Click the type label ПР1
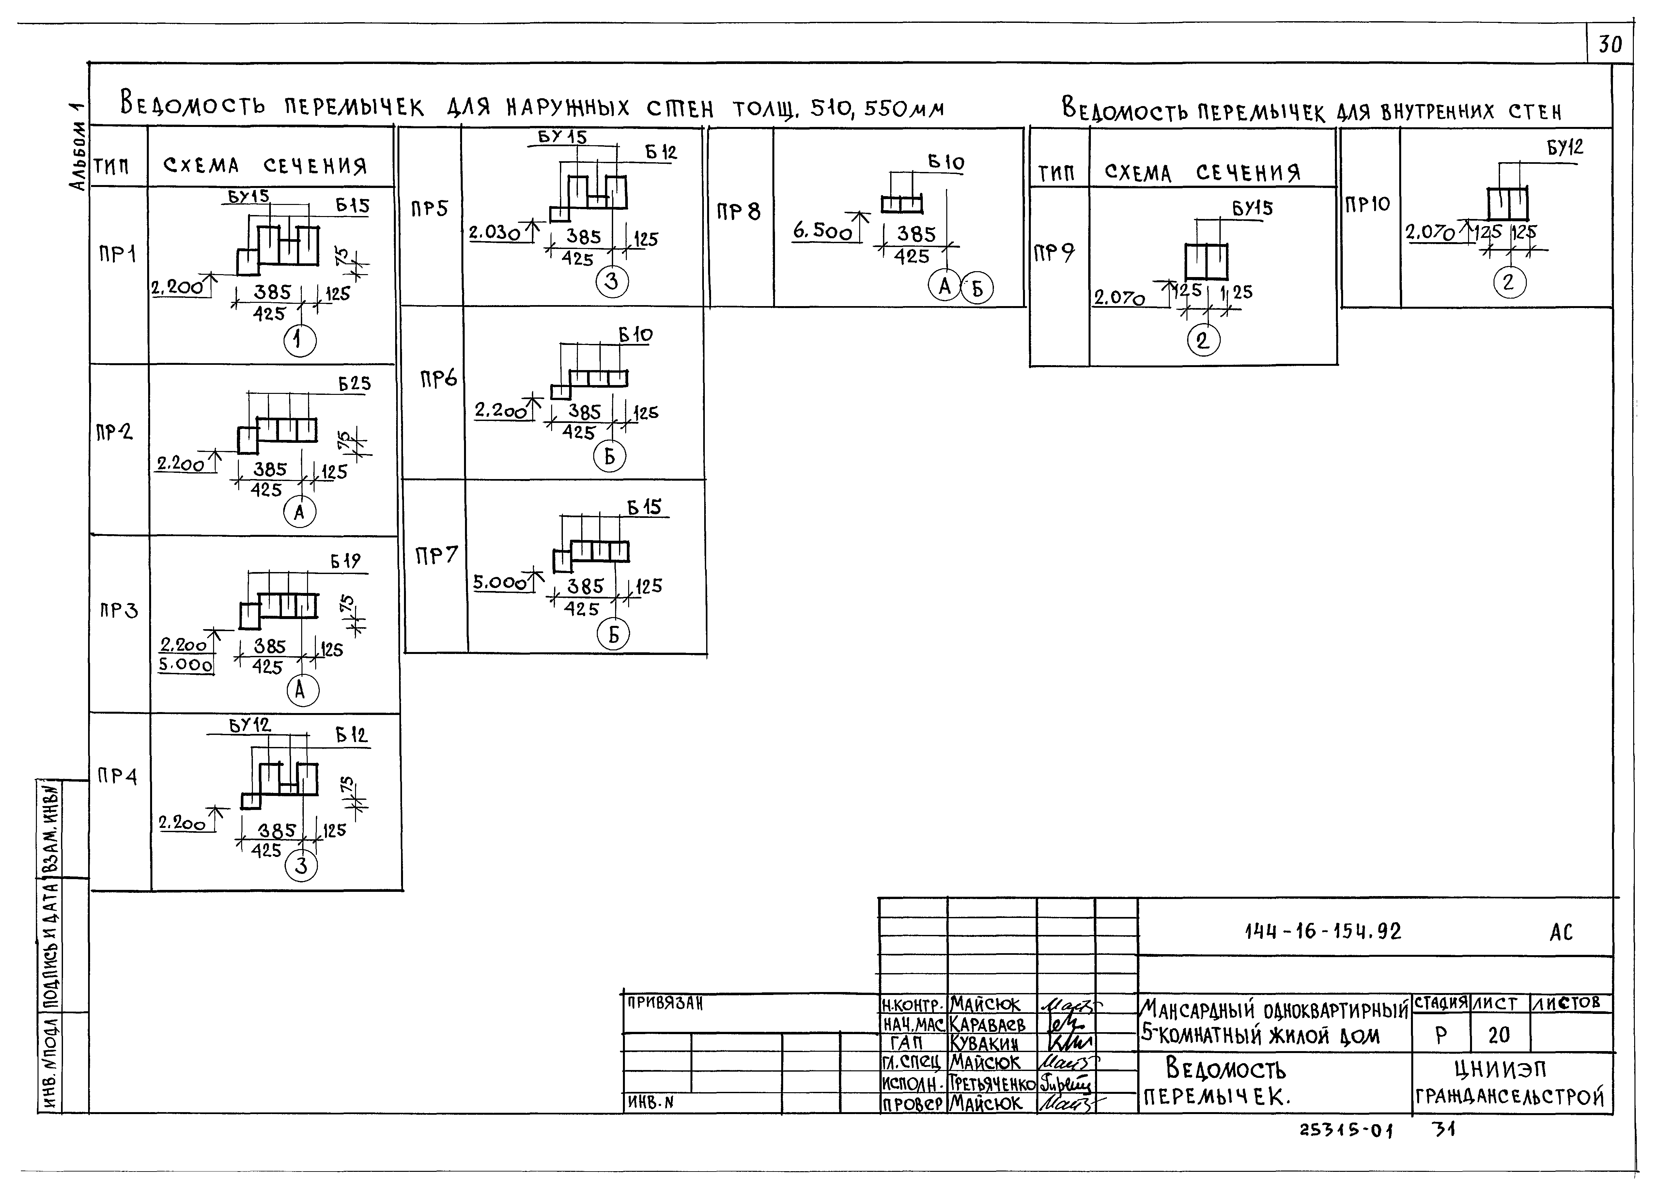(x=117, y=254)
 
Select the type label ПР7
(x=436, y=556)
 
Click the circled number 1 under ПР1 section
(x=300, y=340)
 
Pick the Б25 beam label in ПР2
(x=354, y=383)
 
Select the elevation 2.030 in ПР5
(x=495, y=233)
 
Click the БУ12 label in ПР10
(x=1565, y=147)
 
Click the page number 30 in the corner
(x=1610, y=45)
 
